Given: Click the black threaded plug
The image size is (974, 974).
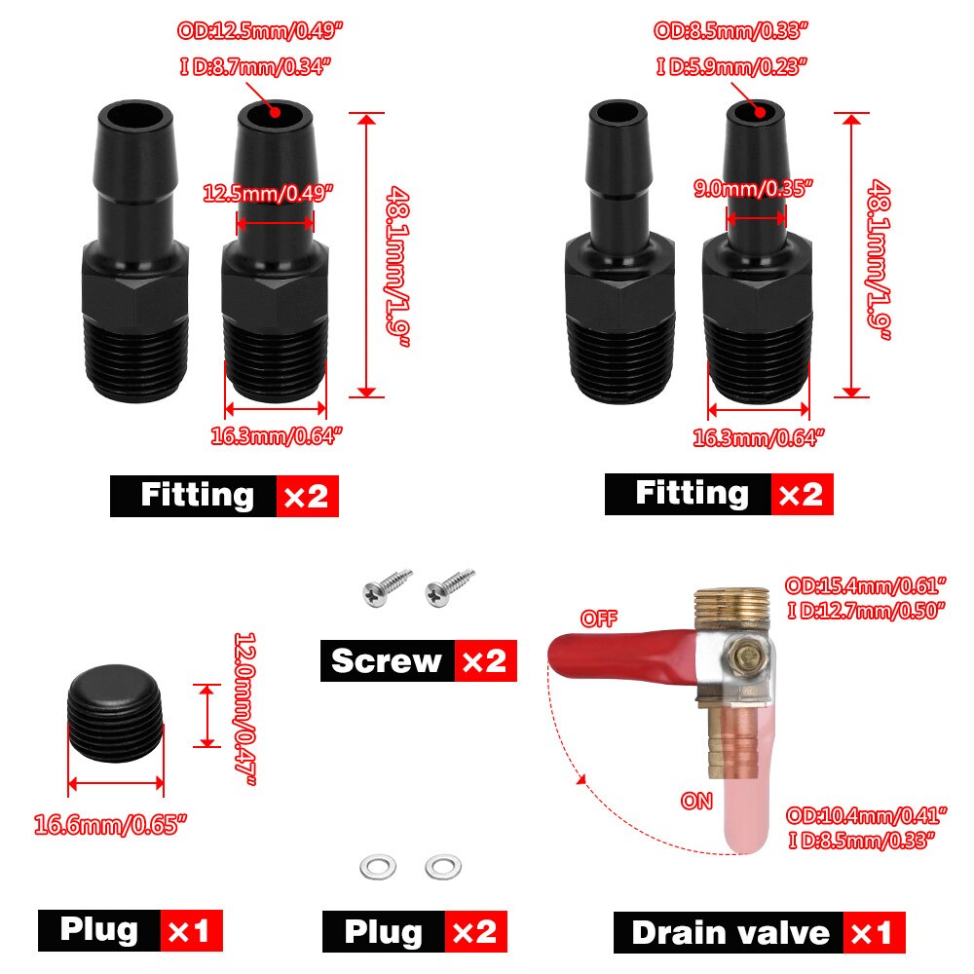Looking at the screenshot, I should (x=115, y=715).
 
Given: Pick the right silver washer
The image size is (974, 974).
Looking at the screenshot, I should (x=443, y=866).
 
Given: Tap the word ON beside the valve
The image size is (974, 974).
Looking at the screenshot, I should (x=696, y=801).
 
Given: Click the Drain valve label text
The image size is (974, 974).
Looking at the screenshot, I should (x=730, y=932).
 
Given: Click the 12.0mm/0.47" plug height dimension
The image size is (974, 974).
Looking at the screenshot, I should (x=243, y=708).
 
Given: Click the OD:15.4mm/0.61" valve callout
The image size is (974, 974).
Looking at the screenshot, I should (x=866, y=586).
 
